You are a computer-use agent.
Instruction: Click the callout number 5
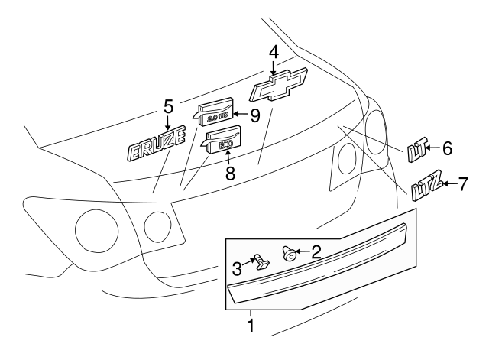(x=169, y=106)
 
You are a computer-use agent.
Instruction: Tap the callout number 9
(x=255, y=115)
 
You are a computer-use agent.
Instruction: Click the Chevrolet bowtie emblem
(x=277, y=84)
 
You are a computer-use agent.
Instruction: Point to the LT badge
(x=417, y=151)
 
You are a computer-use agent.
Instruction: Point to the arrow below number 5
(x=169, y=121)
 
